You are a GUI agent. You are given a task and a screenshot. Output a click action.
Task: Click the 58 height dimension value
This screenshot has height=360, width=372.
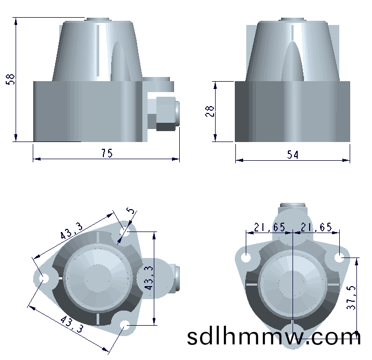click(10, 79)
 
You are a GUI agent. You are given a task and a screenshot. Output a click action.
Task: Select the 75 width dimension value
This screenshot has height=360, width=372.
click(107, 153)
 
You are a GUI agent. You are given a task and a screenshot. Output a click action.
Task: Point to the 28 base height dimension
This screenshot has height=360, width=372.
click(210, 111)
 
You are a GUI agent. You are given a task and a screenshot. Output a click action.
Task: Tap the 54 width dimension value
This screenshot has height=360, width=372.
click(293, 155)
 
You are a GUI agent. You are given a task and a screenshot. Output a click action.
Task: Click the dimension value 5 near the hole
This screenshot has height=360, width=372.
click(130, 211)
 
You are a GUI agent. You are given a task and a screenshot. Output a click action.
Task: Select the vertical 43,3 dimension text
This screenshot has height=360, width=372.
click(149, 278)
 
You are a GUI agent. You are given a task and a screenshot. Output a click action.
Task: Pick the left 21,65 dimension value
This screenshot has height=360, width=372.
click(270, 227)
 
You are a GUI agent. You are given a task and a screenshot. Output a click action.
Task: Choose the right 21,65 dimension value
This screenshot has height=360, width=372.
click(316, 227)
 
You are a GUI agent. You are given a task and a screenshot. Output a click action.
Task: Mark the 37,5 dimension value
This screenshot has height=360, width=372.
click(351, 298)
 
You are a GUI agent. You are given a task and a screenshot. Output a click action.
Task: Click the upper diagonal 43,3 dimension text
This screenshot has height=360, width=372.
click(71, 230)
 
